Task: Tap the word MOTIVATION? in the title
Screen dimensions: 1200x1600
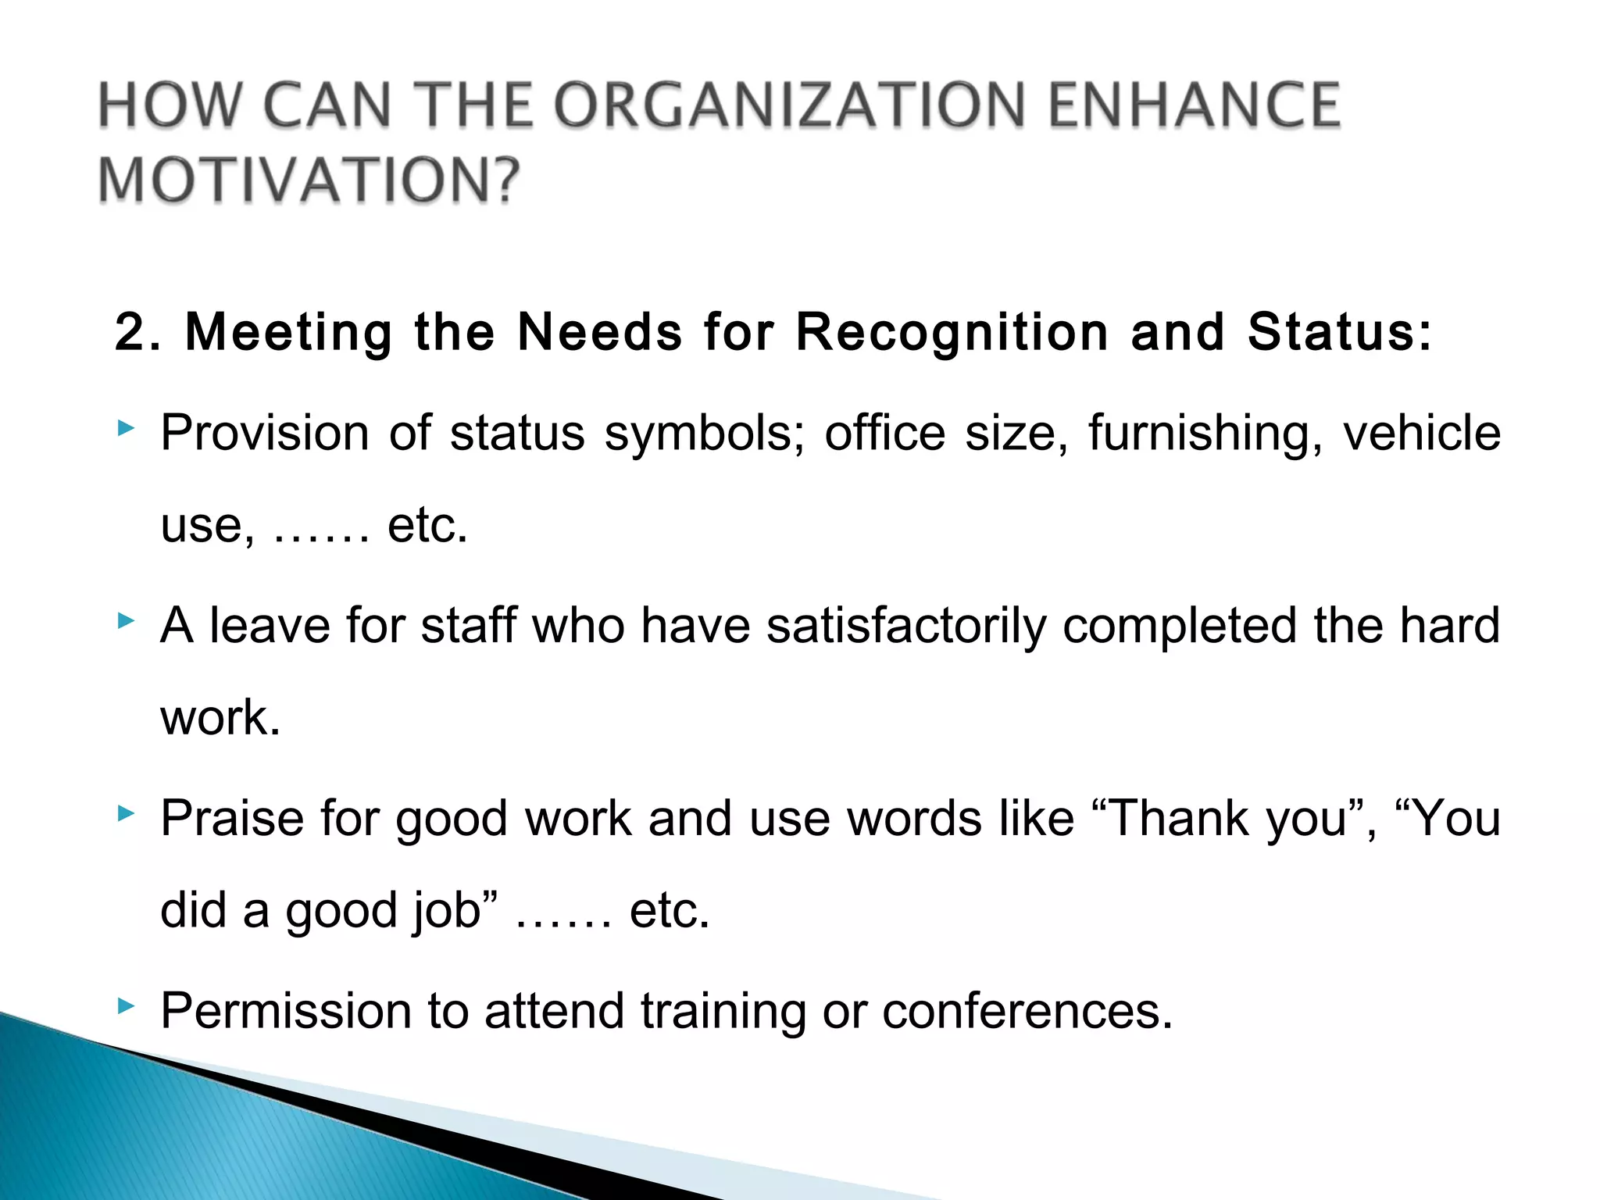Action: point(309,180)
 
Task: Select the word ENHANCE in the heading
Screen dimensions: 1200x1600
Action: point(1194,105)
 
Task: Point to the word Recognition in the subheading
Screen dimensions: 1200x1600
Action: point(952,332)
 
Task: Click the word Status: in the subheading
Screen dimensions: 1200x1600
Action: point(1340,332)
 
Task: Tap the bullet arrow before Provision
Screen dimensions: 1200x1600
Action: point(126,427)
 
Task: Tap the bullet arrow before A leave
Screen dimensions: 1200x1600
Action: point(126,621)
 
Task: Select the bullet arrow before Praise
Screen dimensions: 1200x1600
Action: point(126,814)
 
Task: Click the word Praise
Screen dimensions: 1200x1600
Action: point(232,819)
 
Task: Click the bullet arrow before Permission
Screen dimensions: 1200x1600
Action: point(126,1006)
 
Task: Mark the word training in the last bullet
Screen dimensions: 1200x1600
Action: point(723,1012)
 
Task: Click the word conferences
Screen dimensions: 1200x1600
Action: point(1027,1012)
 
